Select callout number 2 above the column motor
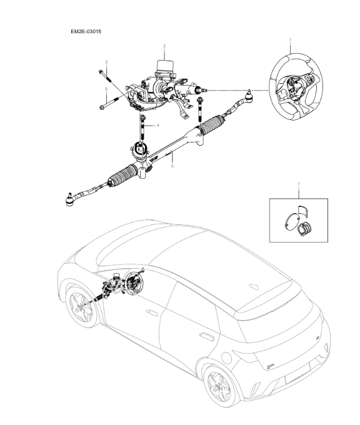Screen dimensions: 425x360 tap(164, 46)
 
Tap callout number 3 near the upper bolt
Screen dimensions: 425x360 tap(106, 62)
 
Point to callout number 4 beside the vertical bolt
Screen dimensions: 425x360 tap(157, 126)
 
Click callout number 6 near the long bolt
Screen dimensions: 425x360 tap(106, 89)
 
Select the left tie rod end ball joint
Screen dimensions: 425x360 tap(70, 199)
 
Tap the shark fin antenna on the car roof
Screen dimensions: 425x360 tap(255, 286)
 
